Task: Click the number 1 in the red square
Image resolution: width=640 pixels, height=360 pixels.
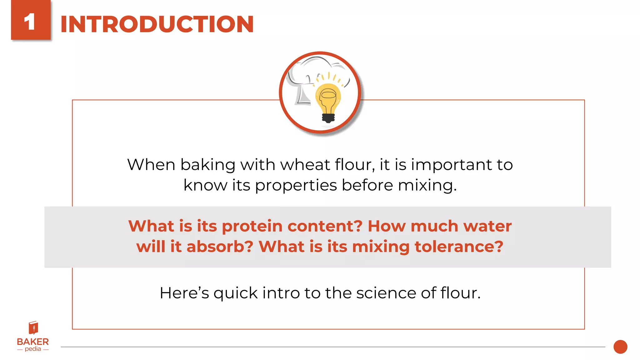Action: [30, 22]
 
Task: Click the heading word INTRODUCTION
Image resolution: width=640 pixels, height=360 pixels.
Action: [157, 24]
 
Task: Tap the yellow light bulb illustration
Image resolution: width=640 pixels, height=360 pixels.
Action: [328, 98]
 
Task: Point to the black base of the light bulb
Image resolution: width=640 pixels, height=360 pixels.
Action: [328, 118]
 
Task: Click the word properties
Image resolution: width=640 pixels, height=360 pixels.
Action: [296, 185]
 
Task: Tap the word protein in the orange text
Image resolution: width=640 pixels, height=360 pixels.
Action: [252, 226]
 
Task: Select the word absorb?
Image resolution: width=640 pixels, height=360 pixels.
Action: [220, 247]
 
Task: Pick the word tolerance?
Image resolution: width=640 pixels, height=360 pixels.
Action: [459, 247]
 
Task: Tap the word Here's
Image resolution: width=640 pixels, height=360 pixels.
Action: [184, 293]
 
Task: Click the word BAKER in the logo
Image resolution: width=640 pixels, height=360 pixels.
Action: [33, 342]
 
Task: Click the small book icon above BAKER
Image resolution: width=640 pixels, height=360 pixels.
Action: [33, 328]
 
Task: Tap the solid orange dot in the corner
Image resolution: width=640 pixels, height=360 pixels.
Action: [620, 347]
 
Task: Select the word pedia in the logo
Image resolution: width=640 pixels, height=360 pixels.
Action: [33, 349]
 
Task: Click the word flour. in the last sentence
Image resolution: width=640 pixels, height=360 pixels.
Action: [460, 293]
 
